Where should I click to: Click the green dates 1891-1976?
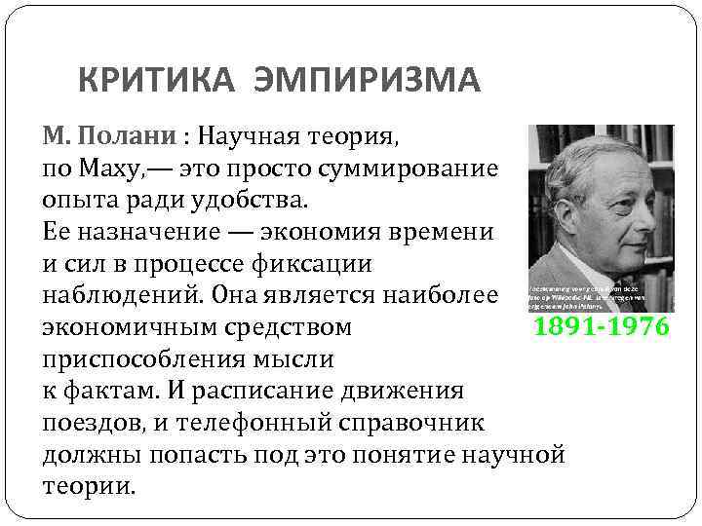tap(601, 326)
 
